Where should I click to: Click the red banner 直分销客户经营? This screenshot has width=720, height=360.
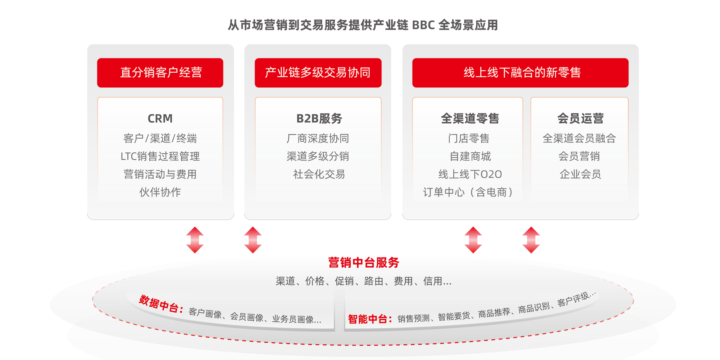160,72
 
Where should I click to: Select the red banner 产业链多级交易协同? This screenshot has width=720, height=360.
318,72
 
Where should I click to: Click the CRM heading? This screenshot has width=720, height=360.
160,118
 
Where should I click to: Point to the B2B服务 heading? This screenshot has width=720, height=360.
319,118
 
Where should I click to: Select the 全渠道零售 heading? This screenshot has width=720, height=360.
469,118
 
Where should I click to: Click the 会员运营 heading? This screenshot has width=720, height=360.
580,118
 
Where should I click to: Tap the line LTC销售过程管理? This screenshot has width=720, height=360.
160,156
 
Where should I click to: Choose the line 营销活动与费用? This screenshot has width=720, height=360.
160,174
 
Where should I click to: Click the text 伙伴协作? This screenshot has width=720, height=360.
160,192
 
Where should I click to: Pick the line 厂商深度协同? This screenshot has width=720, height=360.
318,138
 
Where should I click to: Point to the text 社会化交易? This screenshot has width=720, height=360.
319,174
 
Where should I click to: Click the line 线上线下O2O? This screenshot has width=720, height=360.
470,174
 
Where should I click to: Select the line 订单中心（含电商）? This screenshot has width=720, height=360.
468,192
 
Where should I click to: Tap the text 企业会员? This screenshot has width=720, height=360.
580,174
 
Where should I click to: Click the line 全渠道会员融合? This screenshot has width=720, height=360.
579,138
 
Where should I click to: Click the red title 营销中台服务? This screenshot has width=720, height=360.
363,262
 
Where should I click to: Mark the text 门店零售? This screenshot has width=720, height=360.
469,138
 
